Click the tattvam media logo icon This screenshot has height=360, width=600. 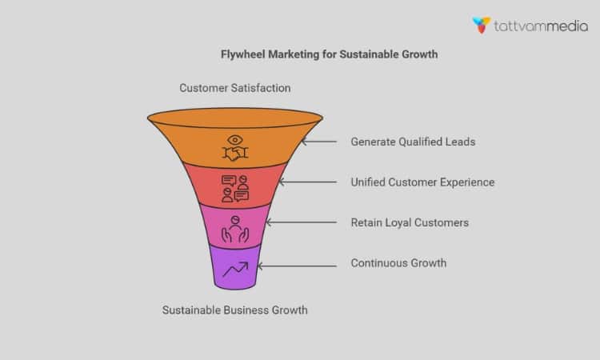[482, 25]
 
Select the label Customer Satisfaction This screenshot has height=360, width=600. [234, 87]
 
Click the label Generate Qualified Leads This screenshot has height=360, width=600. [413, 142]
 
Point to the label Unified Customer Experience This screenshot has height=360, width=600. [422, 182]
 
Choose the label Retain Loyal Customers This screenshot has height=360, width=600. [410, 222]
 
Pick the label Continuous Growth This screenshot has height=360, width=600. [398, 262]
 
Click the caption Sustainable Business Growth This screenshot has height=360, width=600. [234, 310]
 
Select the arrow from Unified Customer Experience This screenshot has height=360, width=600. [307, 182]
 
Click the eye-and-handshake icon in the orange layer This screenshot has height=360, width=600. [234, 146]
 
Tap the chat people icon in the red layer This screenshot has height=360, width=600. [234, 189]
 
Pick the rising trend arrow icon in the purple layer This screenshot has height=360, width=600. [234, 270]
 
